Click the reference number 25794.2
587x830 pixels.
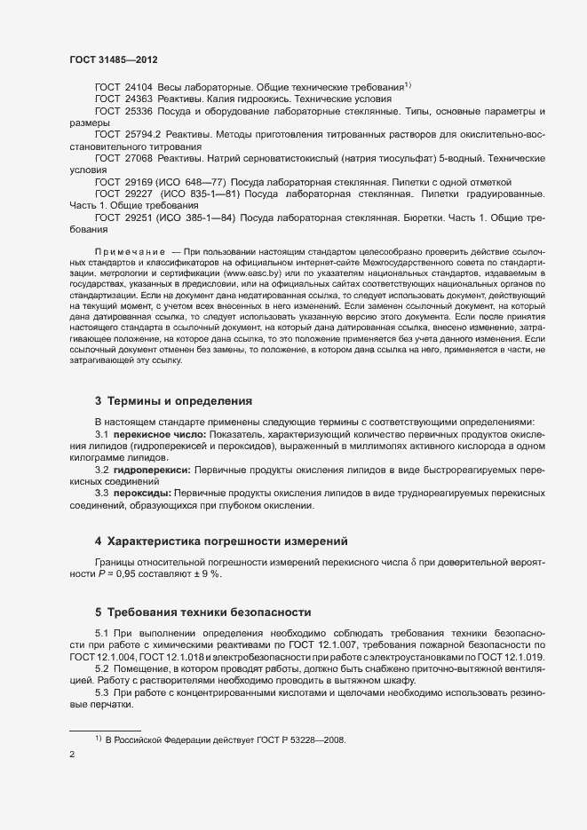(143, 134)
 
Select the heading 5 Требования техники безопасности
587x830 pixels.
(209, 613)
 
